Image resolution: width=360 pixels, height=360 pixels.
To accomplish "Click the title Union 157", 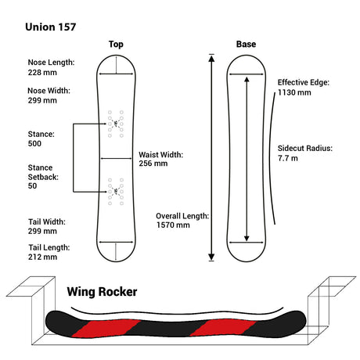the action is pyautogui.click(x=50, y=27).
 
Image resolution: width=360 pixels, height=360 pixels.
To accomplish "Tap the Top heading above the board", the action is pyautogui.click(x=116, y=45).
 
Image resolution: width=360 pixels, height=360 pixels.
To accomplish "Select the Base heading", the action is pyautogui.click(x=246, y=44).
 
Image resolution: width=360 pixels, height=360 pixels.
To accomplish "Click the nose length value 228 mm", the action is pyautogui.click(x=42, y=73).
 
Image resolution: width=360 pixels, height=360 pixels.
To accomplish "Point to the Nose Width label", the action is pyautogui.click(x=49, y=91).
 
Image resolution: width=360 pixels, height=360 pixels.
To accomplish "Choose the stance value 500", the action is pyautogui.click(x=34, y=143).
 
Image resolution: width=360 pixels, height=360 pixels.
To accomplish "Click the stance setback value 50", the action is pyautogui.click(x=32, y=186).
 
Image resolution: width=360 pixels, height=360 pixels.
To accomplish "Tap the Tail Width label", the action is pyautogui.click(x=47, y=221).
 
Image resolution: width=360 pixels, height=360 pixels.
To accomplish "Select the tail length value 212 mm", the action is pyautogui.click(x=42, y=257).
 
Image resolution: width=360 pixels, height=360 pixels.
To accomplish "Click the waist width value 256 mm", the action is pyautogui.click(x=153, y=164).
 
